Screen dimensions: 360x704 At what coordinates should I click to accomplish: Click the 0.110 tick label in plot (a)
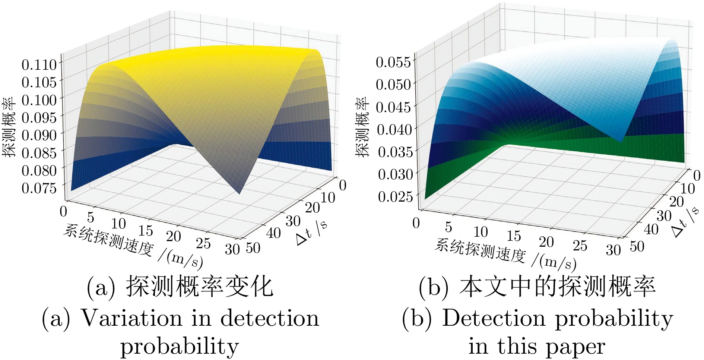pos(39,65)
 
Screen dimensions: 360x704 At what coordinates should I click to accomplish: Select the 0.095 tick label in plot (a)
pos(39,118)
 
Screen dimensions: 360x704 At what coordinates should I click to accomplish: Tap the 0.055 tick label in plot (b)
pos(393,62)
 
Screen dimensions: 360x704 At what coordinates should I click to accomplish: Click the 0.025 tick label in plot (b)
pos(395,196)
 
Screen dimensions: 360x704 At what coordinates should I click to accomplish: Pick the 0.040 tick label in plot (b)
pos(394,130)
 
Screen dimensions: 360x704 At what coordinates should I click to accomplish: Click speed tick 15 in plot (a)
pos(146,230)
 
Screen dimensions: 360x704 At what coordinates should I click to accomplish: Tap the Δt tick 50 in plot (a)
pos(253,248)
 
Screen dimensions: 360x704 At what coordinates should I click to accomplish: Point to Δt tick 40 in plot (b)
pos(651,229)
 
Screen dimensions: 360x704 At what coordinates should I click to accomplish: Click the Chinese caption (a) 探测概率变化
pos(180,287)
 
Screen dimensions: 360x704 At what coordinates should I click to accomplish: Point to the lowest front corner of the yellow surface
pos(239,193)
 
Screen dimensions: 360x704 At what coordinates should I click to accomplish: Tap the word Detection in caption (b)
pos(493,319)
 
